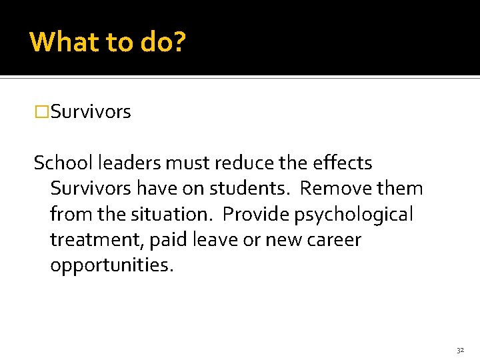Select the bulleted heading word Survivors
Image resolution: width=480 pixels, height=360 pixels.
pyautogui.click(x=91, y=112)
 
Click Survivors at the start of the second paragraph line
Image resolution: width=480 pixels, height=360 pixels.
pyautogui.click(x=91, y=189)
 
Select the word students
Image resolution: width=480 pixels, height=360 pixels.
pyautogui.click(x=250, y=189)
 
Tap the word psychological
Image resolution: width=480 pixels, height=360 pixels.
pyautogui.click(x=355, y=215)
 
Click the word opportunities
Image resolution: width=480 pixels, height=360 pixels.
pyautogui.click(x=111, y=265)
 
